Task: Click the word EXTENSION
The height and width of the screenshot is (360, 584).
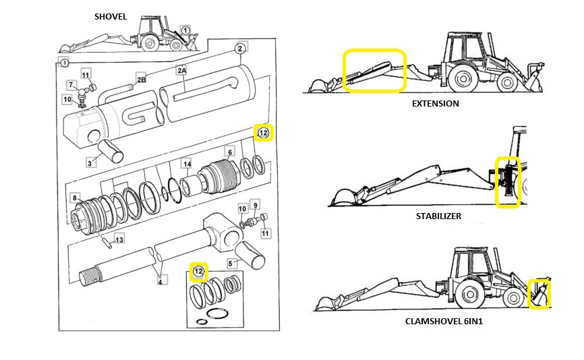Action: pyautogui.click(x=435, y=104)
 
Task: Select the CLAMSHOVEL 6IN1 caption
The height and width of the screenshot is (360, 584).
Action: pyautogui.click(x=443, y=322)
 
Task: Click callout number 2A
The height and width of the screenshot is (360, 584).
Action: pyautogui.click(x=181, y=70)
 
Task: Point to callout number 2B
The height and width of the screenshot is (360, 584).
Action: pyautogui.click(x=141, y=78)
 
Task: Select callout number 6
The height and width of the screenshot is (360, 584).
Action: pyautogui.click(x=229, y=152)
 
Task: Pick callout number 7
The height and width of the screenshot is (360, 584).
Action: pyautogui.click(x=71, y=84)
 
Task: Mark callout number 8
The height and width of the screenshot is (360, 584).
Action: pyautogui.click(x=76, y=198)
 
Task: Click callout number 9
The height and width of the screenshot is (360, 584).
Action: pyautogui.click(x=254, y=204)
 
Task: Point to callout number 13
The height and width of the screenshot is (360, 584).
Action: pyautogui.click(x=119, y=239)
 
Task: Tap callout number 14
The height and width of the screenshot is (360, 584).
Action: pyautogui.click(x=187, y=164)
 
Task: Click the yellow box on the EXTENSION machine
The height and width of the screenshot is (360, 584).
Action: pyautogui.click(x=374, y=70)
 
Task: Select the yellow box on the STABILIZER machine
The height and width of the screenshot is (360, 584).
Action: pyautogui.click(x=508, y=182)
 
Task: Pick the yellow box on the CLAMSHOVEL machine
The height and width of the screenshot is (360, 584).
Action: pyautogui.click(x=539, y=294)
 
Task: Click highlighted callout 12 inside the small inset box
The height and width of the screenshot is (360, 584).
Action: pyautogui.click(x=198, y=272)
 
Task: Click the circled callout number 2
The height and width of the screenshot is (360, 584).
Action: pyautogui.click(x=239, y=48)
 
